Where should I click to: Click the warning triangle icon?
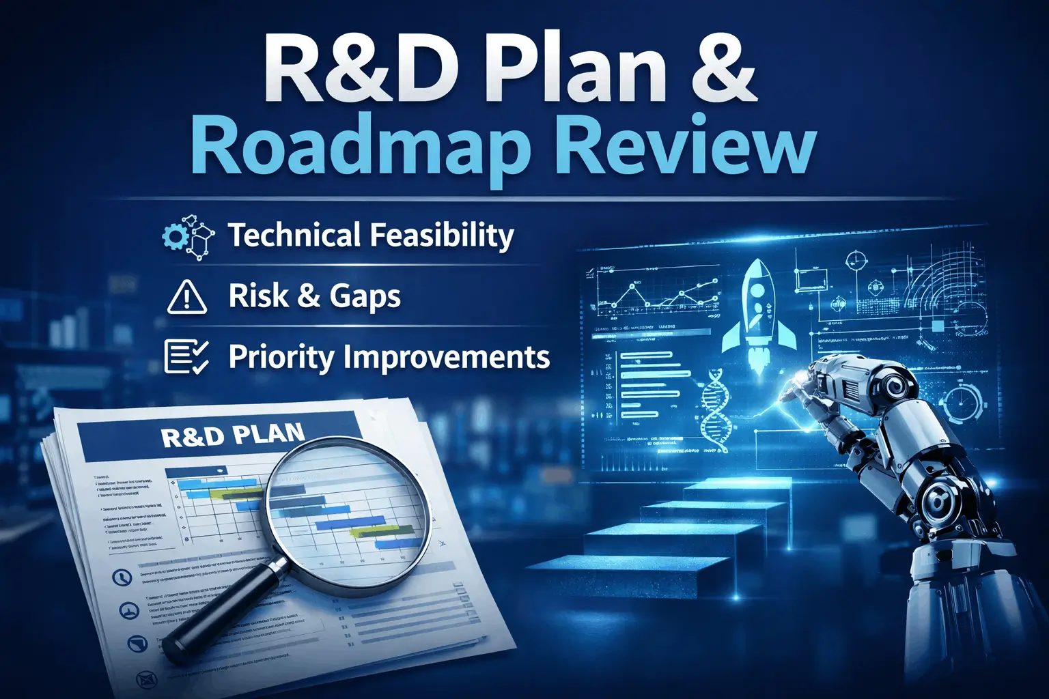click(x=187, y=298)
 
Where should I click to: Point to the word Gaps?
click(x=365, y=297)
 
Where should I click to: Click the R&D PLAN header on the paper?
click(x=232, y=436)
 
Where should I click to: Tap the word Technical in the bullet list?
click(x=294, y=236)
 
